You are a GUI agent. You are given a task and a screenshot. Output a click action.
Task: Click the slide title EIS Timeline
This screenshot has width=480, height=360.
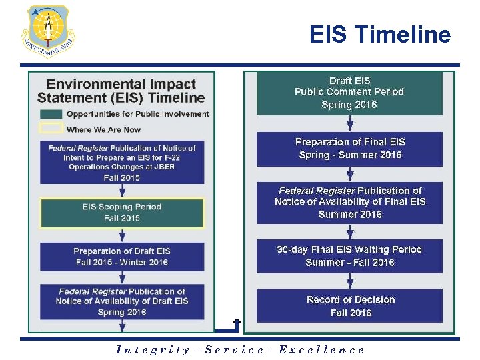pyautogui.click(x=379, y=35)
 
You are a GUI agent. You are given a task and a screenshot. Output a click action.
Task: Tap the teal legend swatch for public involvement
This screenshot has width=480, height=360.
pyautogui.click(x=52, y=114)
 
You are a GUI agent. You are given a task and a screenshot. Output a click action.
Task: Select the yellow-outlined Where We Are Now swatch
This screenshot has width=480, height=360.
pyautogui.click(x=52, y=129)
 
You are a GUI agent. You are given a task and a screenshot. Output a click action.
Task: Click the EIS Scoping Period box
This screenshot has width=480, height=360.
pyautogui.click(x=122, y=213)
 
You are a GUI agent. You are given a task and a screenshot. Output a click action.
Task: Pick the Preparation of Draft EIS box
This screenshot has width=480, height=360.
pyautogui.click(x=122, y=257)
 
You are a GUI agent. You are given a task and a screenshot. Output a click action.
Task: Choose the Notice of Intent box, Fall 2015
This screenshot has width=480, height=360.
pyautogui.click(x=122, y=163)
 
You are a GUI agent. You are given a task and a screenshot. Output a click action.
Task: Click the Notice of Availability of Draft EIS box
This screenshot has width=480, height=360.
pyautogui.click(x=122, y=301)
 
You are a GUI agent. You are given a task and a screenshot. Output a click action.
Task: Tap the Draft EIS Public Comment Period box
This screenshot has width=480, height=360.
pyautogui.click(x=349, y=93)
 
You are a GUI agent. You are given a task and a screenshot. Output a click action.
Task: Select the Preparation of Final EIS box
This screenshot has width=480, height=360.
pyautogui.click(x=349, y=149)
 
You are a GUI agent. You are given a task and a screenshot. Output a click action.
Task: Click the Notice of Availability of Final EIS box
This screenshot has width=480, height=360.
pyautogui.click(x=349, y=202)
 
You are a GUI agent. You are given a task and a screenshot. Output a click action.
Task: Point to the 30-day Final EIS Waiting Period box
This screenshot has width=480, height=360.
pyautogui.click(x=349, y=256)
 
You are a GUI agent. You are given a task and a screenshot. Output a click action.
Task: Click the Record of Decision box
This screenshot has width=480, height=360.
pyautogui.click(x=349, y=306)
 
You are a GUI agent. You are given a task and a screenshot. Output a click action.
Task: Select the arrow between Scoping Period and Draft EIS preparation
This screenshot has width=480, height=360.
pyautogui.click(x=123, y=235)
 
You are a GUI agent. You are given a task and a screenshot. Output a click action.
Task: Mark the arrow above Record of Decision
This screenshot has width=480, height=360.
pyautogui.click(x=350, y=281)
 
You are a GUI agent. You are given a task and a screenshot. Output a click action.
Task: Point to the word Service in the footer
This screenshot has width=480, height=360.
pyautogui.click(x=234, y=350)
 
